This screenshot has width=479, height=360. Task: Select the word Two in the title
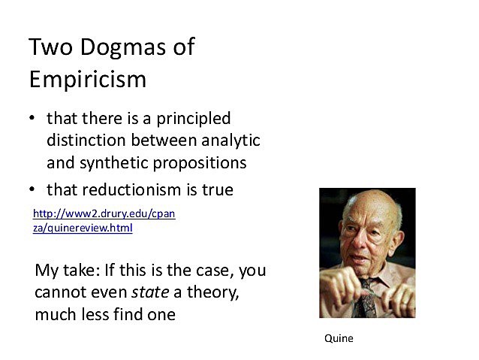point(50,47)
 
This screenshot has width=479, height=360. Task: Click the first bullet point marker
point(32,119)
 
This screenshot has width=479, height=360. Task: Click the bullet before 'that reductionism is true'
point(32,190)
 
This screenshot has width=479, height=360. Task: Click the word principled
point(192,119)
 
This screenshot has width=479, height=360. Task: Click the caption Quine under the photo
point(339,338)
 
